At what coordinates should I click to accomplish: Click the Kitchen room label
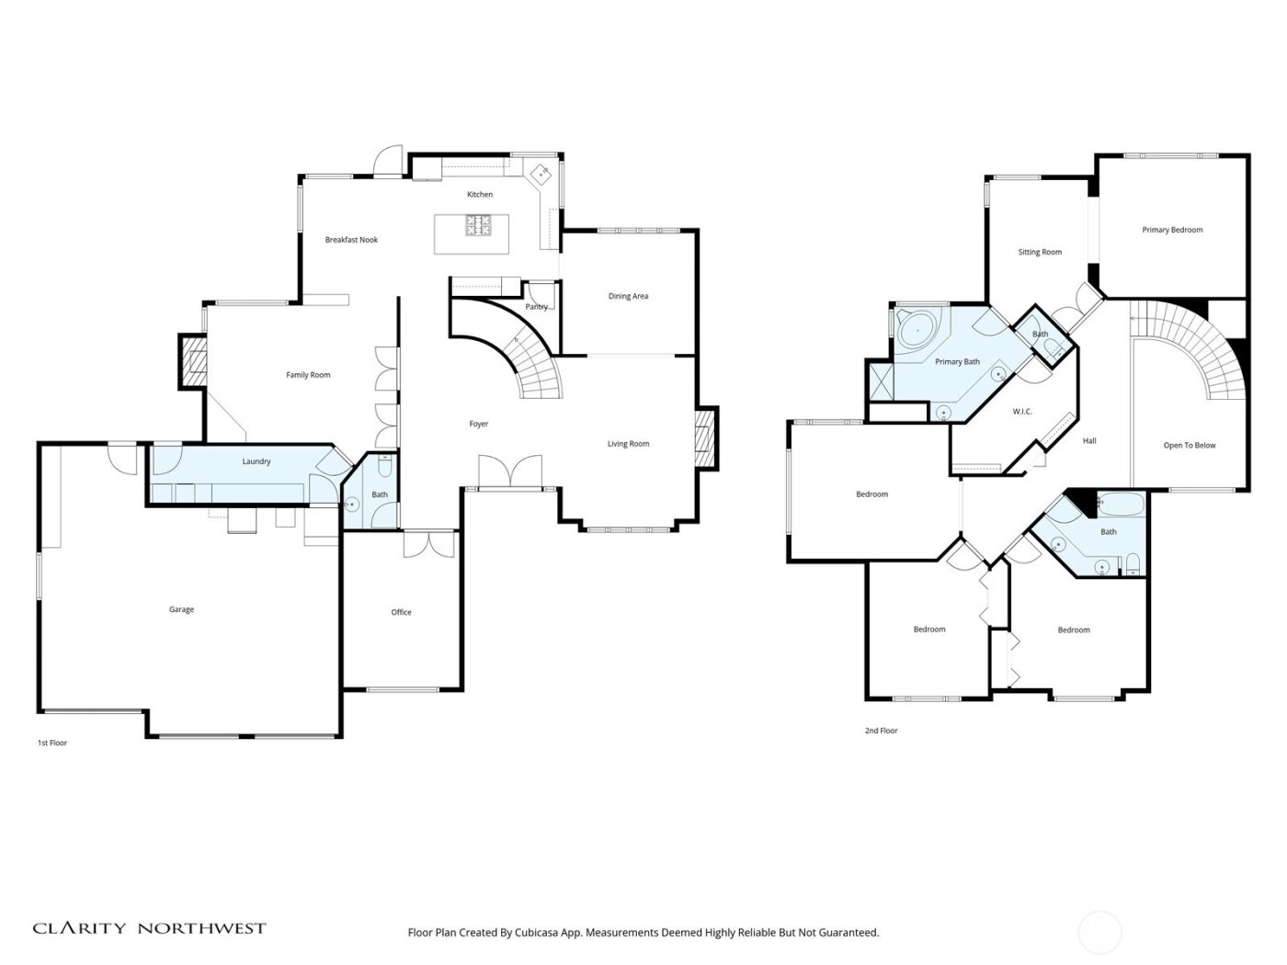pyautogui.click(x=480, y=195)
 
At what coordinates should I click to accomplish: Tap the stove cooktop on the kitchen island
pyautogui.click(x=478, y=224)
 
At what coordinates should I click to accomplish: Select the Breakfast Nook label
pyautogui.click(x=351, y=240)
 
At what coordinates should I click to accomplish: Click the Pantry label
pyautogui.click(x=536, y=307)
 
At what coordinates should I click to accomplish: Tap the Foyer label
pyautogui.click(x=479, y=424)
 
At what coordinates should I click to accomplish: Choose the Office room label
pyautogui.click(x=401, y=612)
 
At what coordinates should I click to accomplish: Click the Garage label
pyautogui.click(x=181, y=609)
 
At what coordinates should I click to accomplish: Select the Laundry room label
pyautogui.click(x=256, y=461)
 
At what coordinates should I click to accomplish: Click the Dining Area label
pyautogui.click(x=628, y=296)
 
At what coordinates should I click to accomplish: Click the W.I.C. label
pyautogui.click(x=1022, y=412)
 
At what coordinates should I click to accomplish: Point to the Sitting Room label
pyautogui.click(x=1040, y=252)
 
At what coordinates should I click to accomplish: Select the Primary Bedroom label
pyautogui.click(x=1172, y=230)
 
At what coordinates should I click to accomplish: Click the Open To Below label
pyautogui.click(x=1190, y=446)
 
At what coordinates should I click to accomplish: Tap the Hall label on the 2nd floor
pyautogui.click(x=1089, y=441)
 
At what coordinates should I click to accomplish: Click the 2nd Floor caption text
pyautogui.click(x=881, y=731)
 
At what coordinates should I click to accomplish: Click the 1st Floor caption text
pyautogui.click(x=52, y=743)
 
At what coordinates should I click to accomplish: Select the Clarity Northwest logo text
pyautogui.click(x=150, y=928)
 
